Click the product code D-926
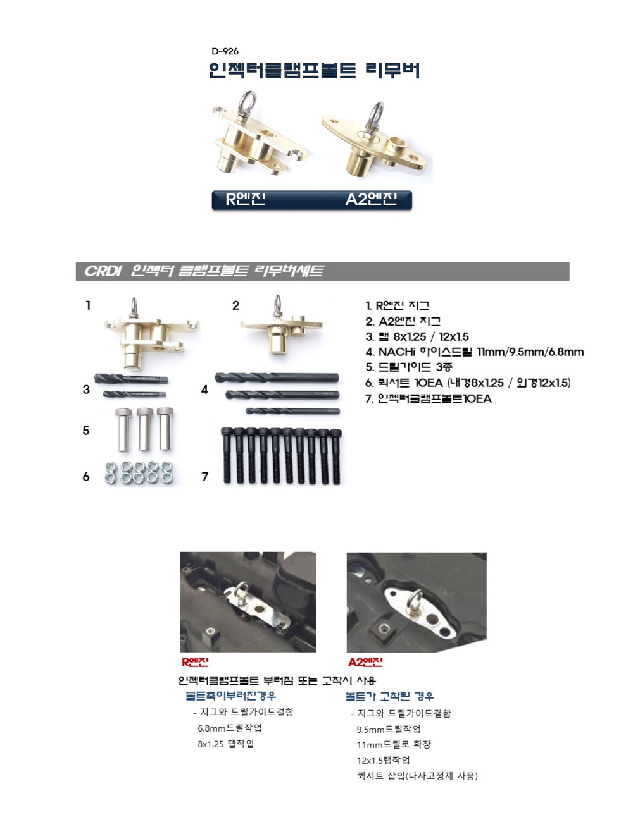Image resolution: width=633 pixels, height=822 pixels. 225,51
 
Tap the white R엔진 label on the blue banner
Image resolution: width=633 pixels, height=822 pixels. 246,199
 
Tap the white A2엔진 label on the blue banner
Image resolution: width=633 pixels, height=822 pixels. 371,199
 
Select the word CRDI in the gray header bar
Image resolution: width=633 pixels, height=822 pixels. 103,271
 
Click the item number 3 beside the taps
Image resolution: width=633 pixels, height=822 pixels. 86,390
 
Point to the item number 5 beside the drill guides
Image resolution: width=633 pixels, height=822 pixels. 86,431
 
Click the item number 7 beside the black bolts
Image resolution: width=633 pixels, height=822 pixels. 205,477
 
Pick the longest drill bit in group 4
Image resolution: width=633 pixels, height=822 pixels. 277,377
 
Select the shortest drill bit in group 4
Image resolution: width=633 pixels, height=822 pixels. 292,411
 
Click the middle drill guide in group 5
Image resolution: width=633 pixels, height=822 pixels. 144,429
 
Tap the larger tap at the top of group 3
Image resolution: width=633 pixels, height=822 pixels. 131,379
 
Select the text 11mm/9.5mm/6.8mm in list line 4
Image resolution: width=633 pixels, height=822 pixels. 530,352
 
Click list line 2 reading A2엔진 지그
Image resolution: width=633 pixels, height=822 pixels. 403,321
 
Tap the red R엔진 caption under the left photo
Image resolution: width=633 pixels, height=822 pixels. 195,663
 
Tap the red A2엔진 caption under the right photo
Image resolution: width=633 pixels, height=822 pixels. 365,663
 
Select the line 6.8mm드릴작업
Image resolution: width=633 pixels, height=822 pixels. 229,728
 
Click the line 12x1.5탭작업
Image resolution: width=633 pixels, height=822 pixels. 383,760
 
